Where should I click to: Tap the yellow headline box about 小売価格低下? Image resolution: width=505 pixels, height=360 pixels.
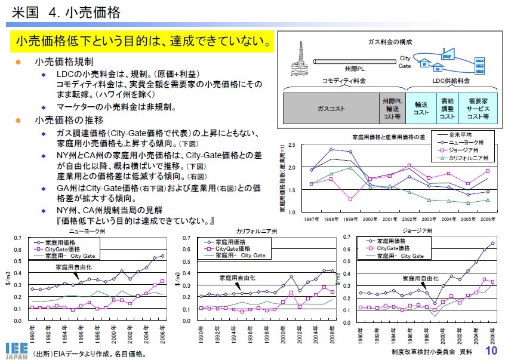[142, 42]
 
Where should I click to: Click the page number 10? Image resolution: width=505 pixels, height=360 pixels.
[492, 350]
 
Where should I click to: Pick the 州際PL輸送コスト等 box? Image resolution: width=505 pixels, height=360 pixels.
[393, 109]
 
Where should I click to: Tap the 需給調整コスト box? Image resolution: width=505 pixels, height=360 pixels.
[447, 109]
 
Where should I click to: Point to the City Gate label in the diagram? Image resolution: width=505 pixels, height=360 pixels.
[405, 62]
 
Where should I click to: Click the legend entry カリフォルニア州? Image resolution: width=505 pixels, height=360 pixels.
[468, 158]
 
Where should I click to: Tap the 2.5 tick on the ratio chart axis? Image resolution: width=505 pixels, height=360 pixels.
[291, 145]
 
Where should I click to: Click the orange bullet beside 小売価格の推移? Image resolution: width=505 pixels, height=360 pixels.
[18, 120]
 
